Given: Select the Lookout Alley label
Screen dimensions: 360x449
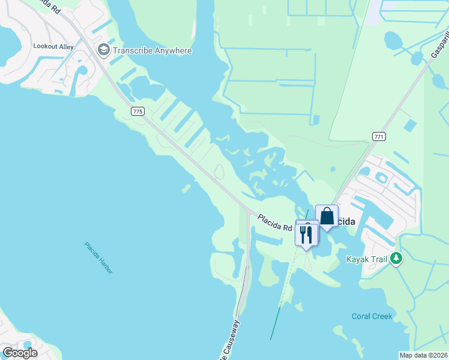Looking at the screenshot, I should pos(53,46).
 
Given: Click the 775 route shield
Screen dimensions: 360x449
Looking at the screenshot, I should pos(138,111).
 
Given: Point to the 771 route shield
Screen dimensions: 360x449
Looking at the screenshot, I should pos(378,137).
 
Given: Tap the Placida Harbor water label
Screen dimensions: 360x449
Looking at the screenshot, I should pos(98,257).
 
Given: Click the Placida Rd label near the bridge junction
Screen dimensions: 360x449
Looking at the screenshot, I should pos(275,223).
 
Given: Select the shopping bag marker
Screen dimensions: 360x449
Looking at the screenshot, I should pos(327,217).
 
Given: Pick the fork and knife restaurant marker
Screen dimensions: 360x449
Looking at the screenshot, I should pos(306,235).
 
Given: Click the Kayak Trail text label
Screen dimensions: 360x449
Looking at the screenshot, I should pos(367,259).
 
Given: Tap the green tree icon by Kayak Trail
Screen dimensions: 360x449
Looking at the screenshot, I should pos(396,259).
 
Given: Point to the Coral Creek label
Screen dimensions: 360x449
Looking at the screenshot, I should pos(372,316).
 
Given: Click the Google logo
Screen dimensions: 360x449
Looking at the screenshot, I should pos(20,353).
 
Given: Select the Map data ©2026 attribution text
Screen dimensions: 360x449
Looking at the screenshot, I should pos(423,355).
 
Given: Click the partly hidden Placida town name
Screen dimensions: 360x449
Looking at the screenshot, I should pos(345,221).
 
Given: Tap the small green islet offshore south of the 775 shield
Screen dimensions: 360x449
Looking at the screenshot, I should pos(186,188).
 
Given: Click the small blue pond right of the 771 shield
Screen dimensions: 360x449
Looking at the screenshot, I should pos(411,125).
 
